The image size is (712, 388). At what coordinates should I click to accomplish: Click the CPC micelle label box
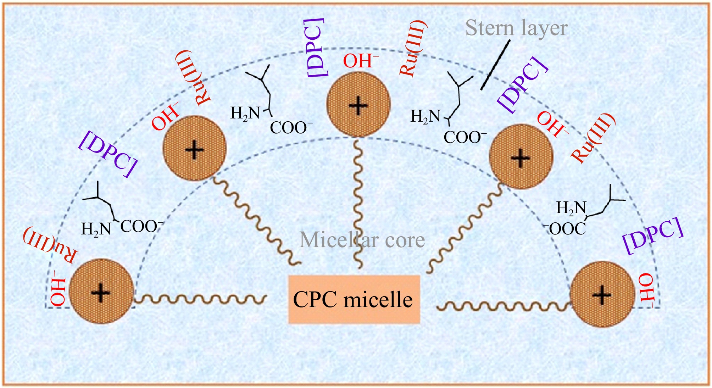[x=354, y=300]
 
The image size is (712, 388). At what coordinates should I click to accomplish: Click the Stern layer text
[x=516, y=28]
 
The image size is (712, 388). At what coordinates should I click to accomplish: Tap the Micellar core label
[x=362, y=240]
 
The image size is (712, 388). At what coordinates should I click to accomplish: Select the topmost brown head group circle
[x=358, y=104]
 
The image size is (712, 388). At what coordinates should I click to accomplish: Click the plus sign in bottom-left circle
[x=101, y=293]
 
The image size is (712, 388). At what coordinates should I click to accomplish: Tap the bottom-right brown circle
[x=602, y=294]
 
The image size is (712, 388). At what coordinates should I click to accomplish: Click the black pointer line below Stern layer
[x=495, y=65]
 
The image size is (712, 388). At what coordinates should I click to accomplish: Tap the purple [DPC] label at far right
[x=653, y=236]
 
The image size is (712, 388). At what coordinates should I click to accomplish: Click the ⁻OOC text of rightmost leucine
[x=566, y=229]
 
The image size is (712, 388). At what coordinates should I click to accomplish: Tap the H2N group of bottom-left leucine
[x=96, y=229]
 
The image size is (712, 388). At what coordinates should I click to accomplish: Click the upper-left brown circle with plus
[x=194, y=148]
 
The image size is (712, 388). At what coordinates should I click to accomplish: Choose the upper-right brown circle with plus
[x=521, y=156]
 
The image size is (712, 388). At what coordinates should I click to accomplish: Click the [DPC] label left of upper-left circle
[x=108, y=154]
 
